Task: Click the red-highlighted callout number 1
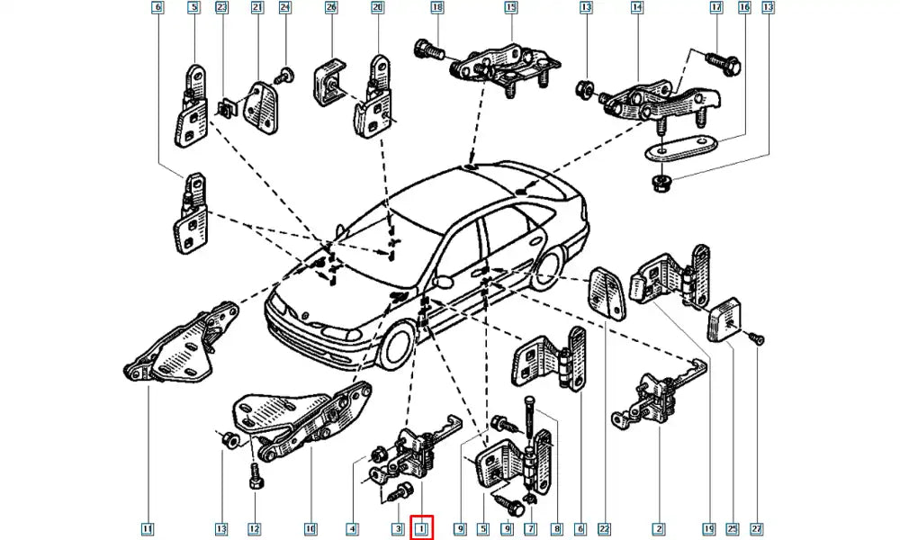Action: (421, 527)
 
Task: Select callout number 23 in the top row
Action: (222, 8)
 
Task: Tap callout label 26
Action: (330, 8)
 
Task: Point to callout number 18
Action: (437, 8)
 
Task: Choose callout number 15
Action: (510, 8)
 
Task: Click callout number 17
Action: (716, 8)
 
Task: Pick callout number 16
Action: (743, 8)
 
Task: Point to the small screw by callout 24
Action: (285, 76)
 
